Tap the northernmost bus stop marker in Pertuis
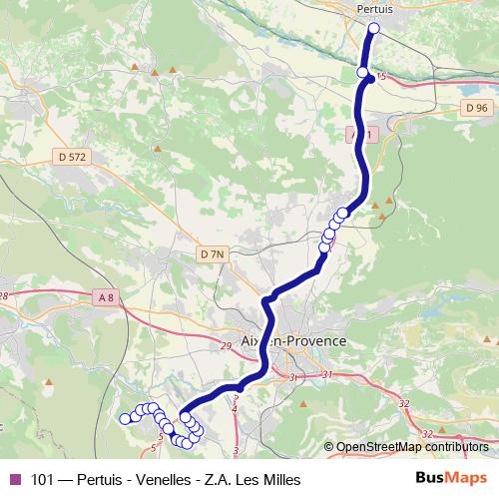coord(374,29)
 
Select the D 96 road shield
coord(476,108)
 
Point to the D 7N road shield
coord(212,254)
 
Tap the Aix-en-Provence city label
coord(294,341)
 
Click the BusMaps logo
coord(451,479)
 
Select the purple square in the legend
coord(14,479)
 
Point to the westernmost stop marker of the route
coord(125,419)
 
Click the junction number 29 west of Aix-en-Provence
coord(226,346)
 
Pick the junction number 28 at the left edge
coord(3,296)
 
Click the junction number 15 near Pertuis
coord(379,77)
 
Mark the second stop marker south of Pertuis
coord(363,72)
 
